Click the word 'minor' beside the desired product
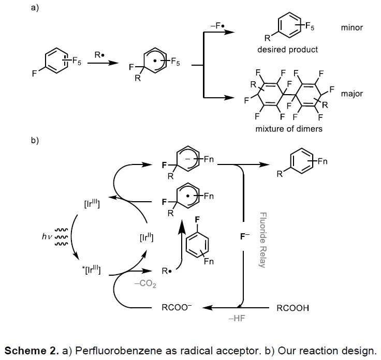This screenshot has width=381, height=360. (x=351, y=27)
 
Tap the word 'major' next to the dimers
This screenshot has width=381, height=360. (x=352, y=94)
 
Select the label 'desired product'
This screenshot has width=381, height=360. (x=288, y=50)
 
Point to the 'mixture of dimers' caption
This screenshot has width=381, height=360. (x=289, y=128)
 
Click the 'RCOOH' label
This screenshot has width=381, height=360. (x=293, y=308)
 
